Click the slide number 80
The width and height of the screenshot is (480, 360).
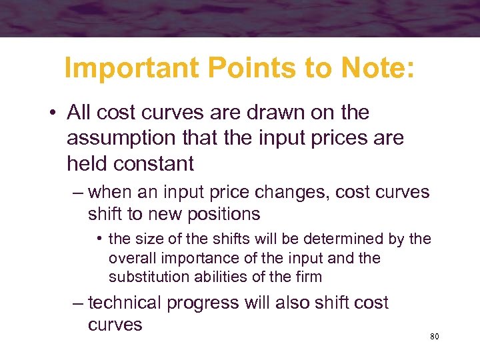(x=435, y=337)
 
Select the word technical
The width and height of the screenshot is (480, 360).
(x=125, y=303)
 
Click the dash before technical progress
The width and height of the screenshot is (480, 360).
(x=78, y=303)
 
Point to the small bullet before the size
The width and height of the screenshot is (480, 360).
(x=99, y=239)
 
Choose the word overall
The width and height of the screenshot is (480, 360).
(x=129, y=257)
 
